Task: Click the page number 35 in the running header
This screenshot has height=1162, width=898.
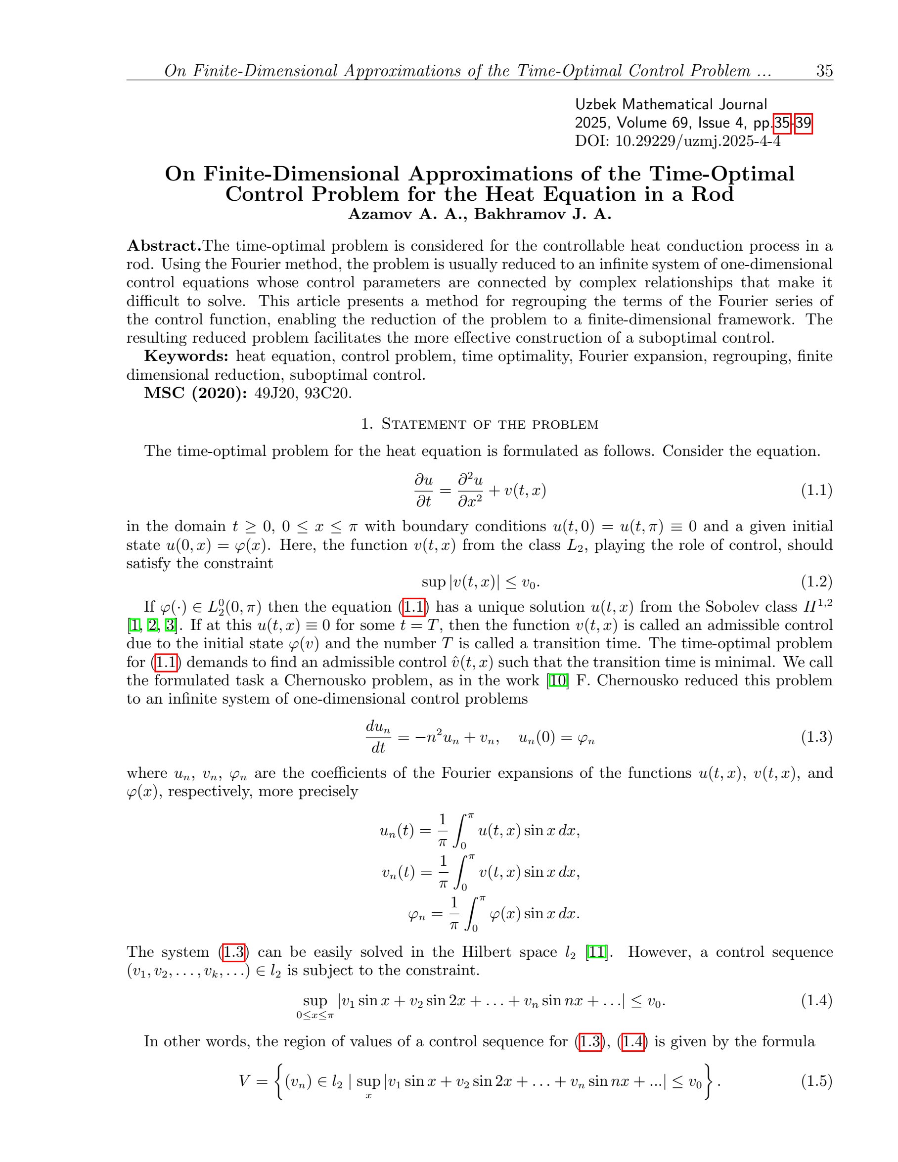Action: (x=824, y=71)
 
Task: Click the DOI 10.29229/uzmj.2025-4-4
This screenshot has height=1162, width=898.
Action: (x=697, y=141)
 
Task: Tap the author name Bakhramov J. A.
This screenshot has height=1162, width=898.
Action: (x=542, y=214)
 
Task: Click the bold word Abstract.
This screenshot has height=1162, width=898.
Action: (x=164, y=246)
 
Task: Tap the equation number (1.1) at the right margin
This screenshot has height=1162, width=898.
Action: (x=816, y=490)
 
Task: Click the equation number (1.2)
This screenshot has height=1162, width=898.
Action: (x=816, y=581)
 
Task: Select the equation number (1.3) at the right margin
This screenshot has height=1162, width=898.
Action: (x=816, y=737)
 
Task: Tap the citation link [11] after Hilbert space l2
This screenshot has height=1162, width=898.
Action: (x=596, y=952)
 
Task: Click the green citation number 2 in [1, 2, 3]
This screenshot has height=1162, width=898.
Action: (x=153, y=625)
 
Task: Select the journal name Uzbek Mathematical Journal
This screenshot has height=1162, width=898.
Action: (x=671, y=104)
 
